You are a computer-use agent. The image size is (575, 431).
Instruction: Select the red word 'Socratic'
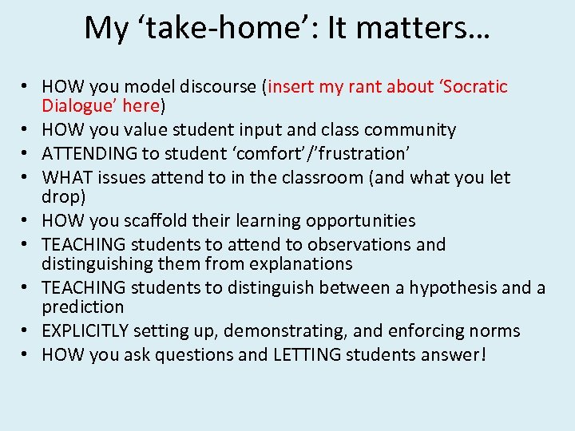click(x=475, y=86)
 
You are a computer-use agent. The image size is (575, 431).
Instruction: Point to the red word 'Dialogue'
click(x=76, y=105)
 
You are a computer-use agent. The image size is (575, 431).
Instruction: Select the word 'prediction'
click(x=83, y=306)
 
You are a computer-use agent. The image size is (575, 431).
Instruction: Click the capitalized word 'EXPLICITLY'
click(x=87, y=330)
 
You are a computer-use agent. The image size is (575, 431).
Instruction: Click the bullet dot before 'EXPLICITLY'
click(x=26, y=331)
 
